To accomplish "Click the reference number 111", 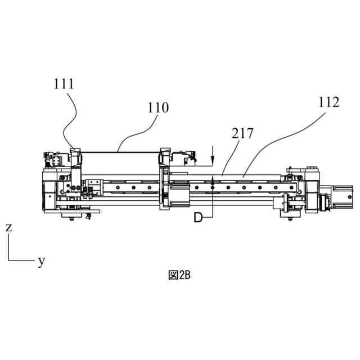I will point(64,85).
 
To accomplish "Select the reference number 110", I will point(158,107).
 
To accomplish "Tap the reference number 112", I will point(328,102).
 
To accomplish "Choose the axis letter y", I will point(41,261).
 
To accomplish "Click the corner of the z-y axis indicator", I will point(9,260).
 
